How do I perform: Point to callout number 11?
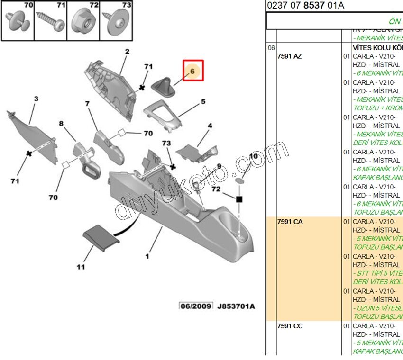(x=81, y=267)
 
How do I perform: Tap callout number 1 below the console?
(x=147, y=256)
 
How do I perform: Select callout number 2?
(x=127, y=52)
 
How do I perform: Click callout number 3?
(x=36, y=99)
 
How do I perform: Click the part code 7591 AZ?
(x=289, y=56)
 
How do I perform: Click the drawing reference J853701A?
(x=236, y=306)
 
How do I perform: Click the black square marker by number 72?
(x=239, y=199)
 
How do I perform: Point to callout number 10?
(x=254, y=156)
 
